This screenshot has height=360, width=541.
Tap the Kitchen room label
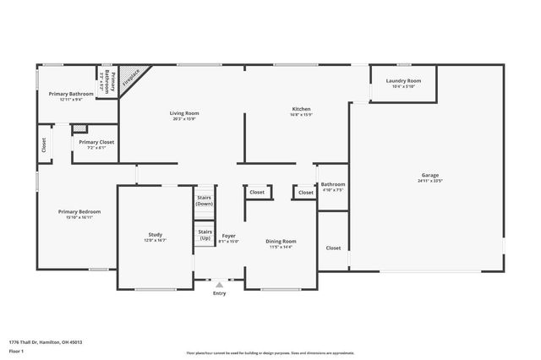pos(302,109)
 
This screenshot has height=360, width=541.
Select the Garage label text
pos(430,174)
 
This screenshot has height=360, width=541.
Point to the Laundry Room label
pos(403,80)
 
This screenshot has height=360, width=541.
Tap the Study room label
pos(156,235)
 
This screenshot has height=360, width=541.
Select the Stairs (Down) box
pos(205,201)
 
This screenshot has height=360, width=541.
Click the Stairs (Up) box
pos(205,234)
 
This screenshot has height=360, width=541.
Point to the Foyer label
pos(228,235)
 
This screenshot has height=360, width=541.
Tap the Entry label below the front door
pos(220,293)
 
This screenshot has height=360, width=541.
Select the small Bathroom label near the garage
pos(332,184)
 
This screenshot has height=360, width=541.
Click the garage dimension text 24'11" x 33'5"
pos(430,180)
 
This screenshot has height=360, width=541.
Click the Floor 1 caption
pos(16,352)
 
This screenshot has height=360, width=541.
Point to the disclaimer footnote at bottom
pos(270,352)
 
